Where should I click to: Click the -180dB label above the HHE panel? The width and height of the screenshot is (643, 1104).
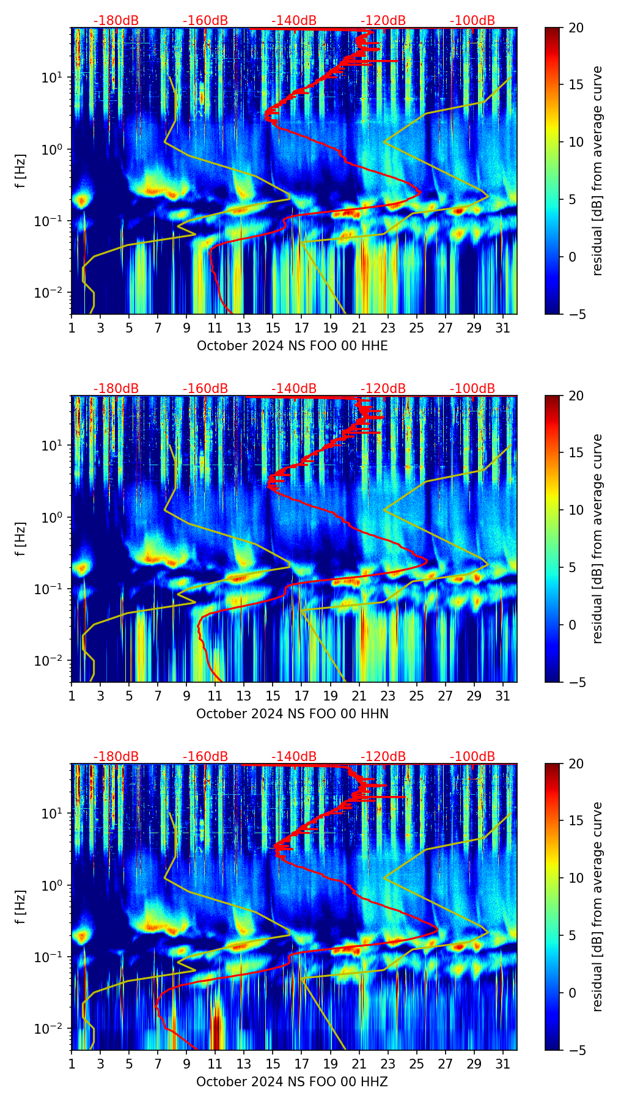click(x=116, y=21)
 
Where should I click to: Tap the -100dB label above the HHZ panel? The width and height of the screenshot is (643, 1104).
click(x=472, y=757)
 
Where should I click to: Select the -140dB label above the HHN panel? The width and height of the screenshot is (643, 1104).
click(x=294, y=389)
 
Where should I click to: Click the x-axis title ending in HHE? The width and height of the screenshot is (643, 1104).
click(x=292, y=346)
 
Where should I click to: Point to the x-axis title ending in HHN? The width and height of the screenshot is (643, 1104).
click(x=292, y=714)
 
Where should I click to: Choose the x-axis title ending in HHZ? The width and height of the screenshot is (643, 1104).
click(x=292, y=1082)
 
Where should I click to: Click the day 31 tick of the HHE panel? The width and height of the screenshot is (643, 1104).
click(x=503, y=327)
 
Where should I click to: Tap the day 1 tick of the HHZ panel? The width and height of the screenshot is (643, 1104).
click(x=72, y=1063)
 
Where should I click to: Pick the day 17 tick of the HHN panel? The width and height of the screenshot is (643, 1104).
click(x=302, y=695)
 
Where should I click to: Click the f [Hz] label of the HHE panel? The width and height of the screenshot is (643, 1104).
click(x=21, y=171)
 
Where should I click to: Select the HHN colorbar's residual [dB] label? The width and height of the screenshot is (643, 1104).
click(x=598, y=539)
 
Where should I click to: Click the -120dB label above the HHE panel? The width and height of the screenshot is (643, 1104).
click(x=383, y=21)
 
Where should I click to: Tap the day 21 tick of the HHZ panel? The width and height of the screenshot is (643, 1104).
click(x=359, y=1063)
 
